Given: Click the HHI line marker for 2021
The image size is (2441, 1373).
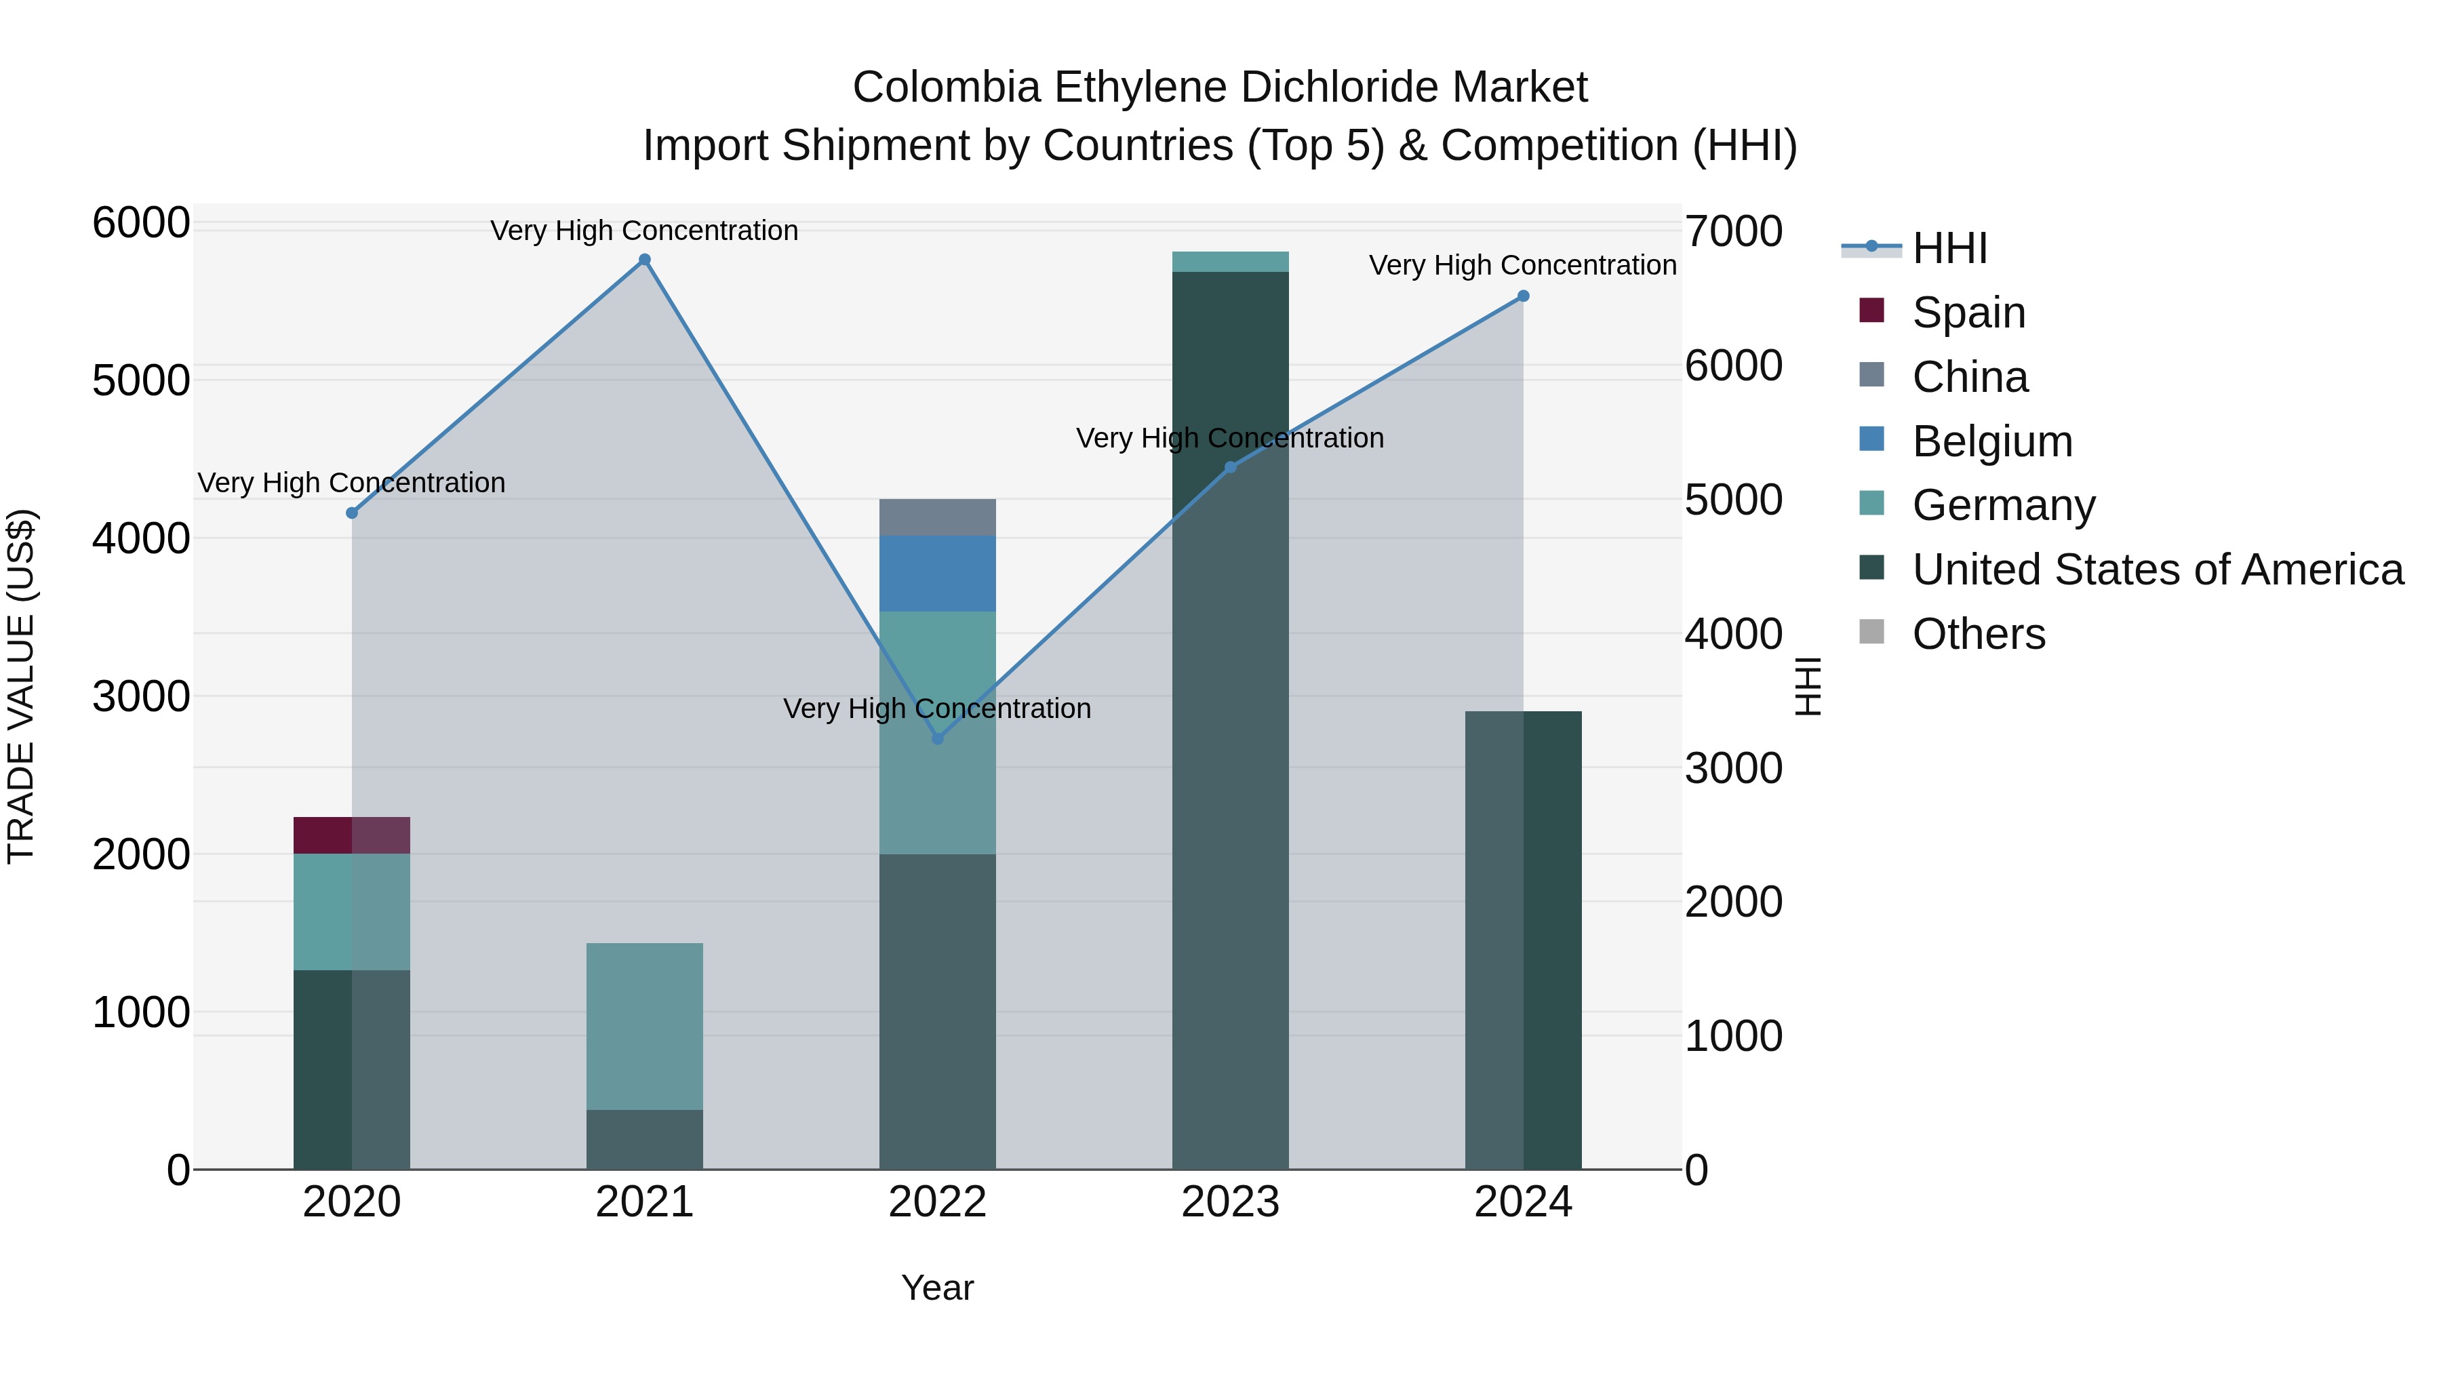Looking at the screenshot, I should [x=644, y=260].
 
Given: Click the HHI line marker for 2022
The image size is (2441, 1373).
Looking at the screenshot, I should [x=937, y=738].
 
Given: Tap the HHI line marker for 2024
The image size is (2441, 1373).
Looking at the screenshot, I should [x=1523, y=296].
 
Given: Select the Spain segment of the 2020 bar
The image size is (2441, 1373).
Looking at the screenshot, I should [x=351, y=835].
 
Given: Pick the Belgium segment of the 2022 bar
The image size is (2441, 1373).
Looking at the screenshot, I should [x=937, y=573].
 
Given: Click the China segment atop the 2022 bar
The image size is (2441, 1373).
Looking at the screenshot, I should [x=937, y=517].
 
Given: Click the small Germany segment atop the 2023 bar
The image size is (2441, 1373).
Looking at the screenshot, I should [x=1230, y=262].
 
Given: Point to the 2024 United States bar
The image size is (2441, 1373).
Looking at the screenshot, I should [x=1523, y=939].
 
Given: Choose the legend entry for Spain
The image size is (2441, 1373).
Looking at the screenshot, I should [x=1968, y=313].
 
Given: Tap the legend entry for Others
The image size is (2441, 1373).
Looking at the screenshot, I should [x=1978, y=634].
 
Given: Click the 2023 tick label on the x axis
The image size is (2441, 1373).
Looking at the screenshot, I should [x=1230, y=1202].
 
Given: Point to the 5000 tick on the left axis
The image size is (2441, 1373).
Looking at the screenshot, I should [x=141, y=381].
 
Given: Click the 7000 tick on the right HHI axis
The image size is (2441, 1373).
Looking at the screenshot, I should [x=1733, y=231].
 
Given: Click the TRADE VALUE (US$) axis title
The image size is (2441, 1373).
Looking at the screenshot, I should [x=21, y=686].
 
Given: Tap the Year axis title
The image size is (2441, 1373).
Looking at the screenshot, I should [x=937, y=1288].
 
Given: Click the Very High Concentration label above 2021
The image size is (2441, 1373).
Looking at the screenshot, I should [x=644, y=231].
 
